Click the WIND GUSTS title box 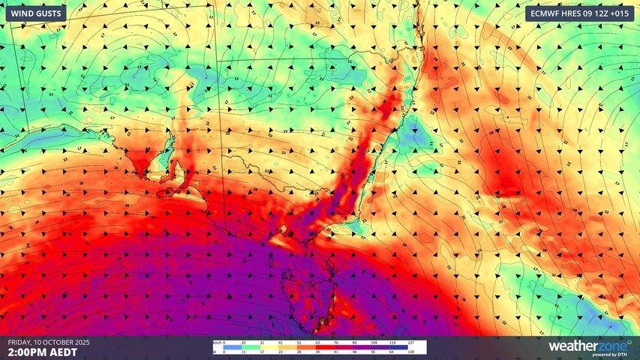pos(35,13)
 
